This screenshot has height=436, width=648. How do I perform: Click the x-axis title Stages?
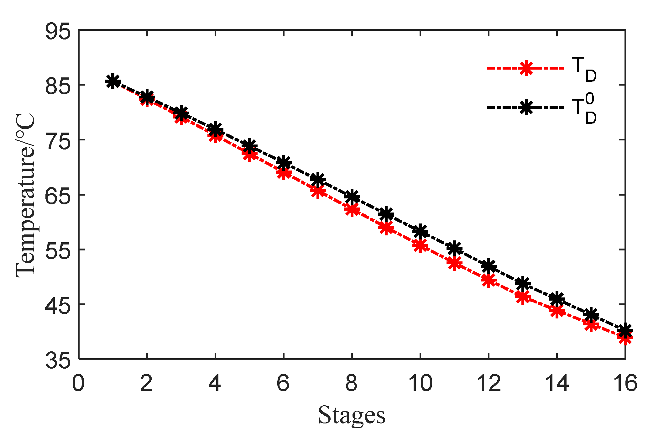(352, 415)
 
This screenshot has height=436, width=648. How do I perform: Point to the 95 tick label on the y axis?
(58, 31)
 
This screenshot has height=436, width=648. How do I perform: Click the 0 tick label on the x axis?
(78, 383)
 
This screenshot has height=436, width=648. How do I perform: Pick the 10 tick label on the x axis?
(421, 383)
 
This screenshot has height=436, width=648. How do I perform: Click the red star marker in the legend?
(526, 68)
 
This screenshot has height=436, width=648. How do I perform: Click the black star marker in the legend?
(526, 108)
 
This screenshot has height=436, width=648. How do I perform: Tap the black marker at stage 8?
(352, 197)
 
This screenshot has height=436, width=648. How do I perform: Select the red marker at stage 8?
(352, 209)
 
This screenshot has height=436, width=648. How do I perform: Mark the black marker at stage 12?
(489, 266)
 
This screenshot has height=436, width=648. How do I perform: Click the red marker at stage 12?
(489, 280)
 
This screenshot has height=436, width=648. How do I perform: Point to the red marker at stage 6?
(284, 173)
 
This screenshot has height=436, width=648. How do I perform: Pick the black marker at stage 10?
(421, 231)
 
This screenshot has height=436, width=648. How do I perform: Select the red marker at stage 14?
(557, 311)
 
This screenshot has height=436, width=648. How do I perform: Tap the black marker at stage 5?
(249, 146)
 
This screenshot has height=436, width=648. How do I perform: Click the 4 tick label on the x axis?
(215, 383)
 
